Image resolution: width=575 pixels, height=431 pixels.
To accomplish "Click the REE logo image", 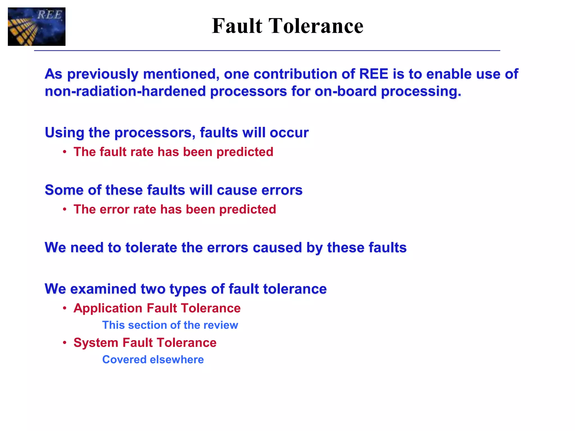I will point(36,27).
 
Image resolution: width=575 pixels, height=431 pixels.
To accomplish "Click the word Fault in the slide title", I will point(237,26).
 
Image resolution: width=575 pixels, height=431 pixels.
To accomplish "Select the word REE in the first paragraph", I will point(374,74).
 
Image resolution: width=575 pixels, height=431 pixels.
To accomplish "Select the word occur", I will point(289,132).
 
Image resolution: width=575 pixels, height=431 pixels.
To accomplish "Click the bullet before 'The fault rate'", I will point(65,152).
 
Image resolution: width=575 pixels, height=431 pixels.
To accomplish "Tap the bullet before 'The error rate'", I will point(65,209).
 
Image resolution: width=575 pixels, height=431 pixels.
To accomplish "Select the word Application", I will point(108,308).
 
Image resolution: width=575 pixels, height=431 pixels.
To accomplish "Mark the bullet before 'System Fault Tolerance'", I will point(65,343).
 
